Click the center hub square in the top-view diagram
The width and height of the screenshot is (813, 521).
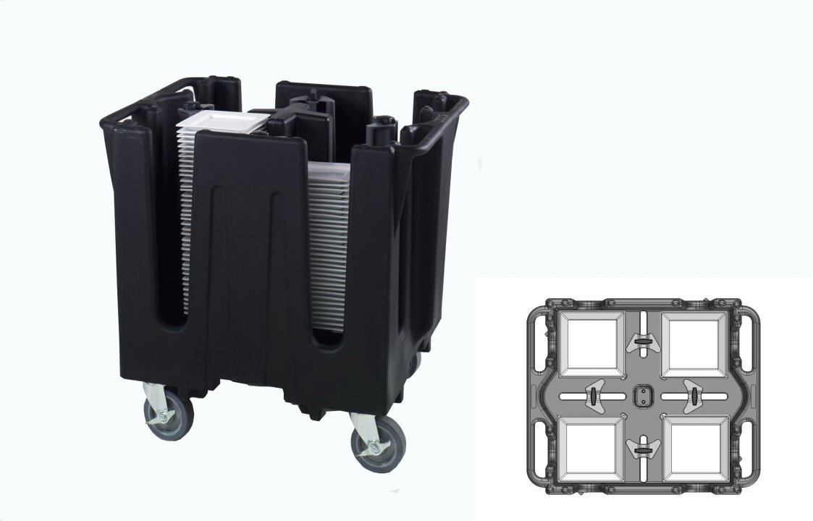641,396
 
